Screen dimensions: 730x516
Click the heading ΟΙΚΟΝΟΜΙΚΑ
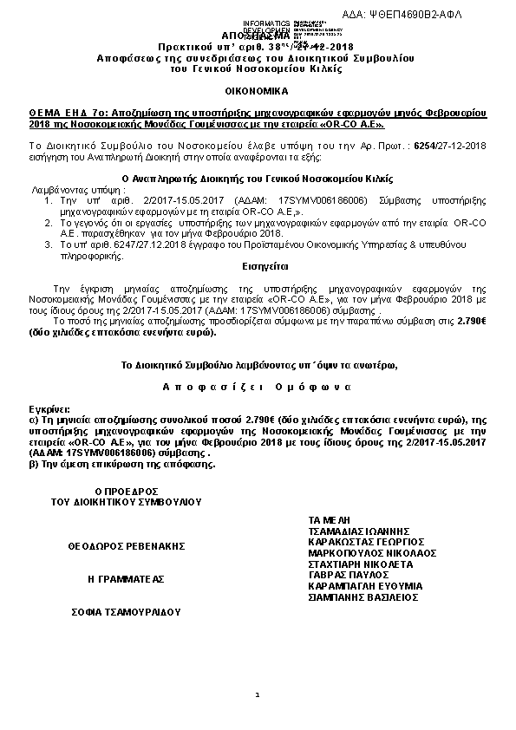click(258, 90)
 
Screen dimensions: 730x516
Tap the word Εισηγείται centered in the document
click(258, 267)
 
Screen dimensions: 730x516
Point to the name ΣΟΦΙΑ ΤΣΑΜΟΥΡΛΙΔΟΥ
click(126, 611)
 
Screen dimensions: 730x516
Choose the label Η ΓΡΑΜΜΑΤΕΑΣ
click(126, 577)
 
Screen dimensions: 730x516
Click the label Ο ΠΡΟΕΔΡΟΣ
click(126, 490)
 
